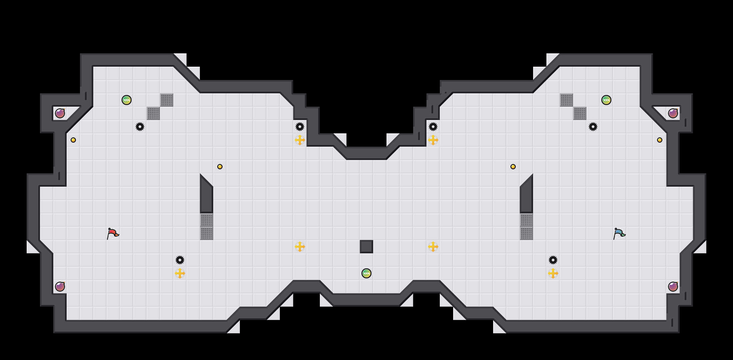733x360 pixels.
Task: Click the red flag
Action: click(x=113, y=233)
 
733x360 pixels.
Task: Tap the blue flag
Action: click(x=619, y=233)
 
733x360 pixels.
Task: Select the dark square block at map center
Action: click(x=366, y=247)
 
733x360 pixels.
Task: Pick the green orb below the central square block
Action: click(x=366, y=273)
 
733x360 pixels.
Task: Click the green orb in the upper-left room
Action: click(x=127, y=100)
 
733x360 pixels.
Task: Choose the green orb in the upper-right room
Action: click(x=606, y=100)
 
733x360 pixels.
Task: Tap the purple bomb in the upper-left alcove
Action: click(x=60, y=113)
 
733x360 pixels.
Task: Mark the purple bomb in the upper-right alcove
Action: click(x=673, y=113)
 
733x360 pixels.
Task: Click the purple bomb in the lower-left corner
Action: click(x=60, y=287)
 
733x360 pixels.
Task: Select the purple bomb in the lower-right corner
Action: click(x=673, y=287)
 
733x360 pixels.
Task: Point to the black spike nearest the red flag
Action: click(x=180, y=260)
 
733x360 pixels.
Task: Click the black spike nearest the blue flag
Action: click(x=553, y=260)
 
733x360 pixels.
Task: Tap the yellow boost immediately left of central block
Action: click(x=300, y=247)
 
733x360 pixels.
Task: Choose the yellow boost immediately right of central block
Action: click(x=433, y=247)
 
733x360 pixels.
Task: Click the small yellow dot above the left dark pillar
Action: click(x=220, y=167)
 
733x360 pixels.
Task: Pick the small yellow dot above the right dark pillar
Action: click(x=513, y=167)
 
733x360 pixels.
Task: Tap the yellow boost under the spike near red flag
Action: click(x=180, y=273)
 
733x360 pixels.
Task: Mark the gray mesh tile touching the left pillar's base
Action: click(x=207, y=220)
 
